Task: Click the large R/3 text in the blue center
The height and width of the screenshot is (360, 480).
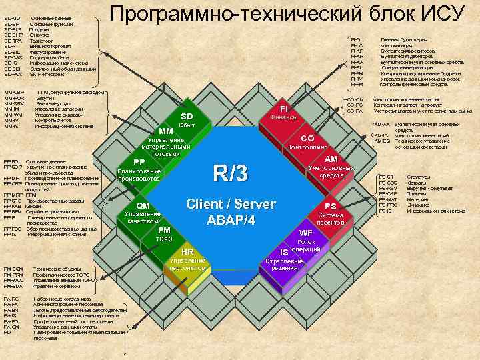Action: point(230,175)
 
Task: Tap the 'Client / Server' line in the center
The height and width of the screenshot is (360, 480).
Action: point(231,204)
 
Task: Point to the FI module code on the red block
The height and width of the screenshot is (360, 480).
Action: point(283,108)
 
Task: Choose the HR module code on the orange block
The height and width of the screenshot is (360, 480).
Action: point(187,251)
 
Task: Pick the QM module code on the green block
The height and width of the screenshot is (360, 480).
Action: point(143,205)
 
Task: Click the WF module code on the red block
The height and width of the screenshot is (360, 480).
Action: point(306,233)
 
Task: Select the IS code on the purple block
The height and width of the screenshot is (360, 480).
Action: point(284,253)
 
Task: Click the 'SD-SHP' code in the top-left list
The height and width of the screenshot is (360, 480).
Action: point(13,35)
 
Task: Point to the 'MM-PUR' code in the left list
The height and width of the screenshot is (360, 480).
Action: point(14,98)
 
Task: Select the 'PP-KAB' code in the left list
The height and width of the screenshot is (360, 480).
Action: point(13,206)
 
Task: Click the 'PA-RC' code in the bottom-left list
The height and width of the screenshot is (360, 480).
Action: point(11,299)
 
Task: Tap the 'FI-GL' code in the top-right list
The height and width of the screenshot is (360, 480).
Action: point(357,40)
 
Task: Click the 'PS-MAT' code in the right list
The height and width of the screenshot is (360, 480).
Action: point(387,199)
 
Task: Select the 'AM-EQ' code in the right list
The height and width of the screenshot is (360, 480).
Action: point(382,141)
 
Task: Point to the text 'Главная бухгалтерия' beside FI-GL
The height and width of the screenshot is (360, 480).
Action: point(403,40)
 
